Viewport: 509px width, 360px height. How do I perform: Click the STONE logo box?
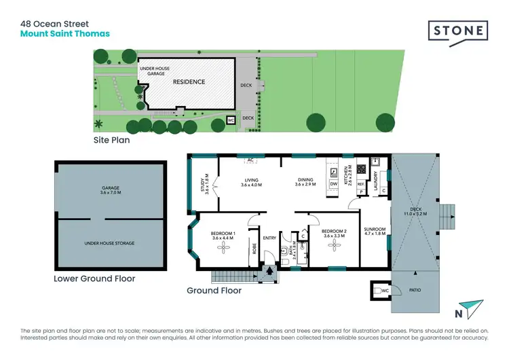pos(458,31)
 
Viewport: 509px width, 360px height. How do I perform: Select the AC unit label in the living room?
pos(250,160)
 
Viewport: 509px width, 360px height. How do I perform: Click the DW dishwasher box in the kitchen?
pos(333,183)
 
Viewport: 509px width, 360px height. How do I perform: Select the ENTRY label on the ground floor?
pos(269,238)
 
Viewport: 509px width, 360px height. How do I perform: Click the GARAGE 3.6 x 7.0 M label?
pos(111,190)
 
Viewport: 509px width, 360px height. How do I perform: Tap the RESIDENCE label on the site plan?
pos(189,82)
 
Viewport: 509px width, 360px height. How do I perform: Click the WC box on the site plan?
pos(231,122)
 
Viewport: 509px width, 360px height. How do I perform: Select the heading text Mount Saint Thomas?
pos(64,33)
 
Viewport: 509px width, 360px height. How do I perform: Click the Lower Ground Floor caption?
pos(94,278)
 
